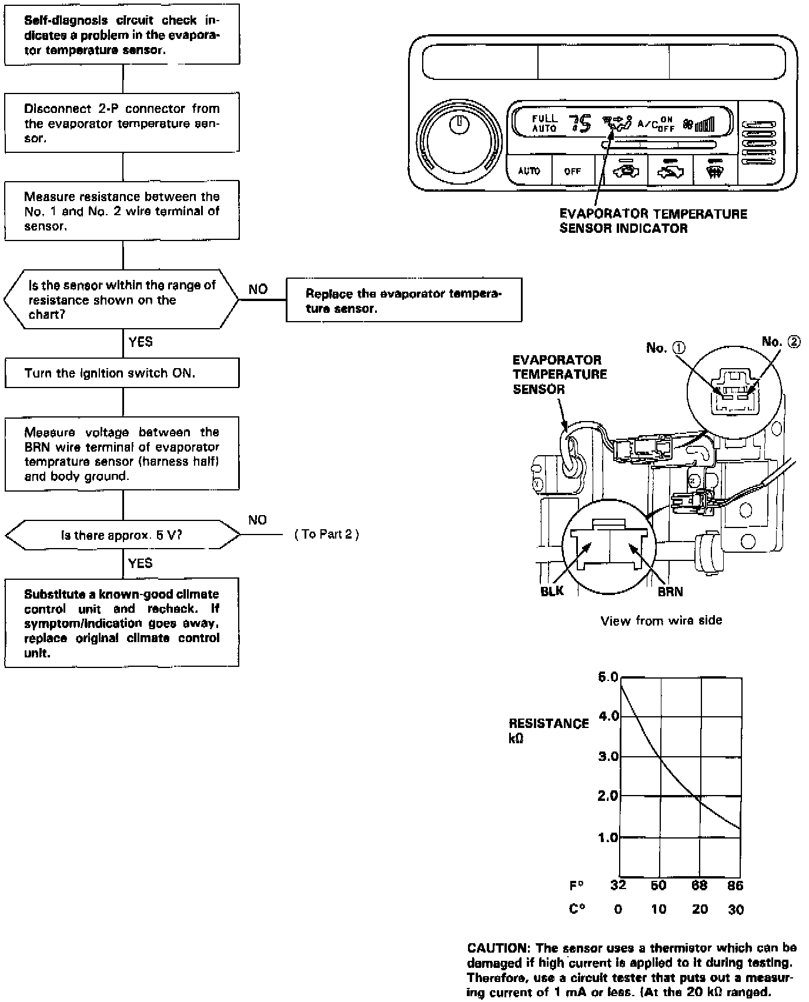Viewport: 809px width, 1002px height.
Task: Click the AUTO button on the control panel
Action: pos(529,171)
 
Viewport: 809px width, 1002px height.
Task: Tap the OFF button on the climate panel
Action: pos(572,171)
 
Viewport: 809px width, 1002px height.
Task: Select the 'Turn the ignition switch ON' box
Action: pos(122,373)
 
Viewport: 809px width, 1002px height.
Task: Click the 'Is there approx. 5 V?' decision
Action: pos(122,536)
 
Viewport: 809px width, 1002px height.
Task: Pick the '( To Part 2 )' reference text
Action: pos(327,535)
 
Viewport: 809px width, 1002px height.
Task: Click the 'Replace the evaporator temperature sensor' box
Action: pos(404,301)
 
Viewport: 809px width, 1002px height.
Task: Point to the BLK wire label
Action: pos(551,592)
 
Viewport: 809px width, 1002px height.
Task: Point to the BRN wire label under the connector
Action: pos(670,592)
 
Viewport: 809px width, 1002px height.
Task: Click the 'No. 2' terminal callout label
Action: pos(781,342)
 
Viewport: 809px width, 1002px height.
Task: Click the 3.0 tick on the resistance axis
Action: pos(609,756)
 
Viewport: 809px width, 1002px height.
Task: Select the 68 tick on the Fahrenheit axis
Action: pos(699,886)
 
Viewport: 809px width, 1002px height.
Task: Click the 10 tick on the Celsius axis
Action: pos(658,910)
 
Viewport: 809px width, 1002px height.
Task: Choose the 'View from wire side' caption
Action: pos(661,620)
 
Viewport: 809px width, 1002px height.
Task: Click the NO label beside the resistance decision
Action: pos(258,289)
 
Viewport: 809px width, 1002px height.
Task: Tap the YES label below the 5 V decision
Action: pos(140,563)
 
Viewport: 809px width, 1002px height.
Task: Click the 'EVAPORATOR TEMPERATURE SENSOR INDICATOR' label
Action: pos(653,221)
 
